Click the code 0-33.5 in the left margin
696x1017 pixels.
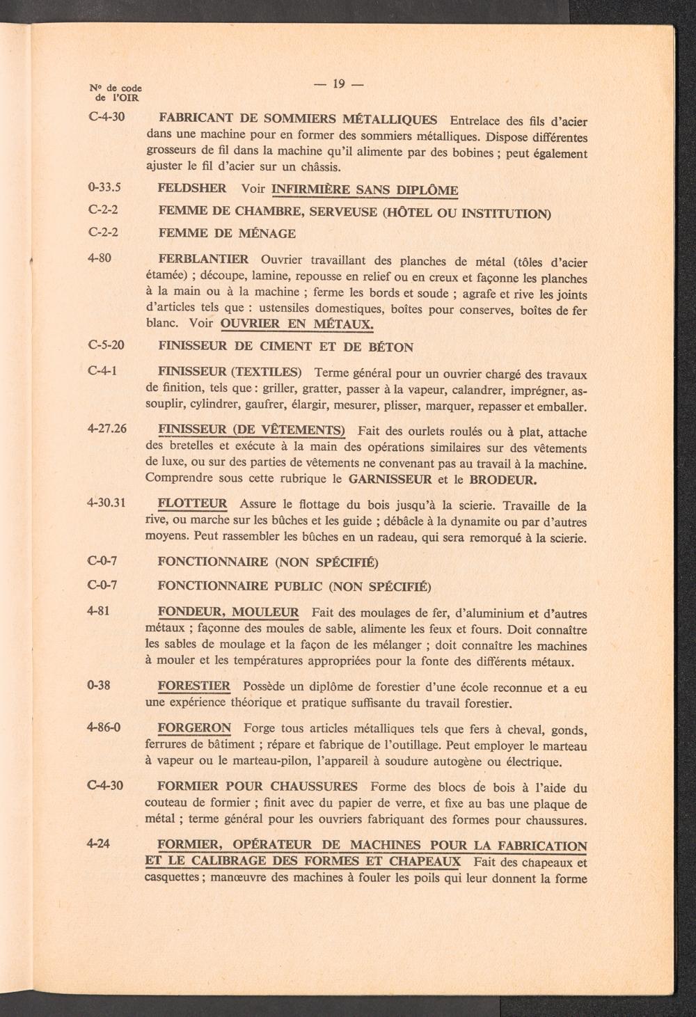click(x=105, y=187)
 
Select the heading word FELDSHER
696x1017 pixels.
click(x=192, y=189)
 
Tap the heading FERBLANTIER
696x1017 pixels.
click(x=203, y=260)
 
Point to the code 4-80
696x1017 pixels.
click(x=100, y=258)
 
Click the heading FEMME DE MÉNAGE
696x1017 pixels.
click(x=226, y=234)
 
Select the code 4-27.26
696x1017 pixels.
click(x=107, y=429)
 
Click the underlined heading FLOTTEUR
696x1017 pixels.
click(x=192, y=504)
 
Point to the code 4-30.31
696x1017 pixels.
click(x=107, y=503)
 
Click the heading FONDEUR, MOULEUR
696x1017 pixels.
click(x=228, y=613)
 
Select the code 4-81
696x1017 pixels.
click(x=100, y=610)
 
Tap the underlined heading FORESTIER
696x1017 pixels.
click(x=193, y=686)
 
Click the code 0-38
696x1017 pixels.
click(x=100, y=685)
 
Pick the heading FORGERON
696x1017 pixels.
click(x=194, y=728)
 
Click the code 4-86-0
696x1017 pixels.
click(x=104, y=727)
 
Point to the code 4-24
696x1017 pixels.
click(x=100, y=844)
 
